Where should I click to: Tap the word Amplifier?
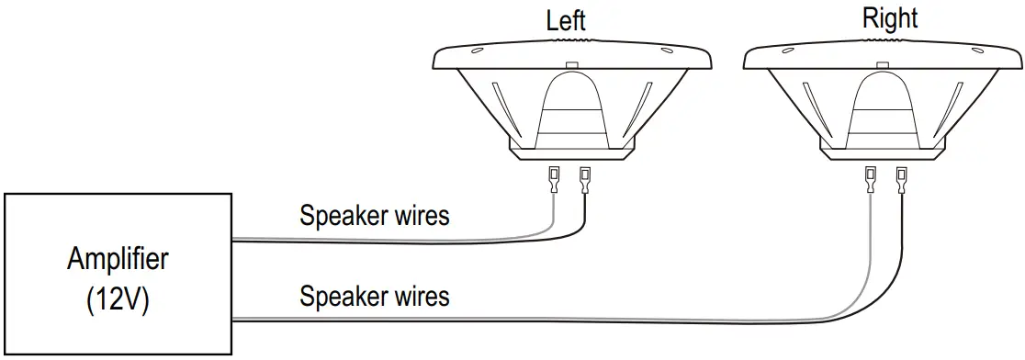[118, 259]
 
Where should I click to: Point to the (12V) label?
[118, 299]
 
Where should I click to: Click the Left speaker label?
[566, 20]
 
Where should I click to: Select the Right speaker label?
[890, 18]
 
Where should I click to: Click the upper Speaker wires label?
[375, 216]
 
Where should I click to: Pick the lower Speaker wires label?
[375, 297]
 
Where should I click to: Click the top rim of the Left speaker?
[571, 56]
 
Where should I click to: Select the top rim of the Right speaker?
[884, 56]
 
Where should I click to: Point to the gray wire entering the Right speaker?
[869, 248]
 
